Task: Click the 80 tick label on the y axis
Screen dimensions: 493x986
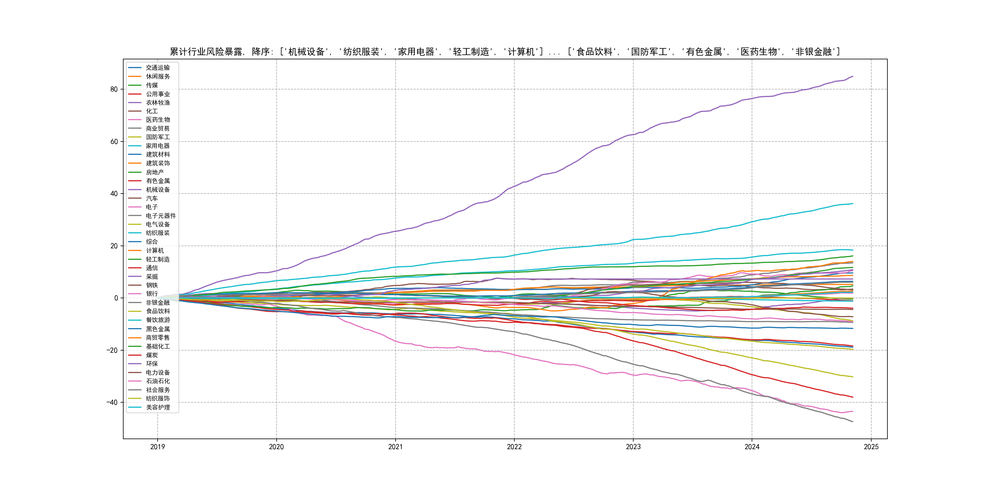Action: point(114,89)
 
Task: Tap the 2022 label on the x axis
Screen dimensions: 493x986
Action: point(514,447)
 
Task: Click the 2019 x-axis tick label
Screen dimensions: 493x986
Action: point(157,447)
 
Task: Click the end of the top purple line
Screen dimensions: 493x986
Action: point(853,77)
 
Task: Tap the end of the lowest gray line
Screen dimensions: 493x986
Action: point(853,422)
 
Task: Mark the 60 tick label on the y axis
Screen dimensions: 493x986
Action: point(114,142)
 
